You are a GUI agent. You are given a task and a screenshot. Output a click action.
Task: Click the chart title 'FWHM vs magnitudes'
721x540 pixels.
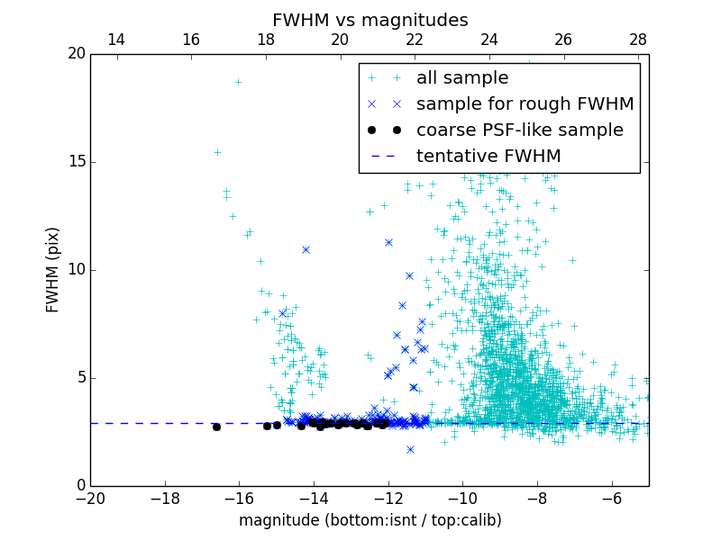point(370,20)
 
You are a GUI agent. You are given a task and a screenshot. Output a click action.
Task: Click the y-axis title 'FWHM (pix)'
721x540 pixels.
point(52,269)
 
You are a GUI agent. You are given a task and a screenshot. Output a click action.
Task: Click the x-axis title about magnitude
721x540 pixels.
point(370,520)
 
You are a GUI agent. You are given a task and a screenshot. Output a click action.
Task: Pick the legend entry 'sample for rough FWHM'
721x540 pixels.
point(525,104)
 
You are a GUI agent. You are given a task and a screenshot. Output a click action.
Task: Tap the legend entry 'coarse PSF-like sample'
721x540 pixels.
point(519,130)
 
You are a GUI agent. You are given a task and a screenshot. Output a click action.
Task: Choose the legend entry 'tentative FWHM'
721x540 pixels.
point(488,157)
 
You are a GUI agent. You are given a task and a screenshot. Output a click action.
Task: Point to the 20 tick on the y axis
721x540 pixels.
point(76,54)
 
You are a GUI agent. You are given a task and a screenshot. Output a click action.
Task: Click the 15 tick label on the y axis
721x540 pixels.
point(76,162)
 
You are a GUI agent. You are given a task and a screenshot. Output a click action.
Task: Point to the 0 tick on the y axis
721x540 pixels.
point(80,486)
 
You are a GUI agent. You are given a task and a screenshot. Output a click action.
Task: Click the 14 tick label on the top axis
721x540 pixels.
point(116,40)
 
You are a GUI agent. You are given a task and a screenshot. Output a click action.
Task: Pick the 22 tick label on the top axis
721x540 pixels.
point(415,40)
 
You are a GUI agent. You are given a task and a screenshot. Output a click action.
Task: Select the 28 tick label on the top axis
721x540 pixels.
point(638,40)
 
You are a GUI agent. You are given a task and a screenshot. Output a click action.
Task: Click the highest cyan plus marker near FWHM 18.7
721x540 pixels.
point(238,82)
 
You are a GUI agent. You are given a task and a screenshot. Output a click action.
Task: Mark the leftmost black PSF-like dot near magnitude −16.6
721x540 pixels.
point(216,427)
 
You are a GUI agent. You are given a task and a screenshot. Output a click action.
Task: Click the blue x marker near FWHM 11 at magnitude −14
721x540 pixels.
point(306,249)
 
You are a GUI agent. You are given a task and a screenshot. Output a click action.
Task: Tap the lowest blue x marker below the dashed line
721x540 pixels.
point(410,449)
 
